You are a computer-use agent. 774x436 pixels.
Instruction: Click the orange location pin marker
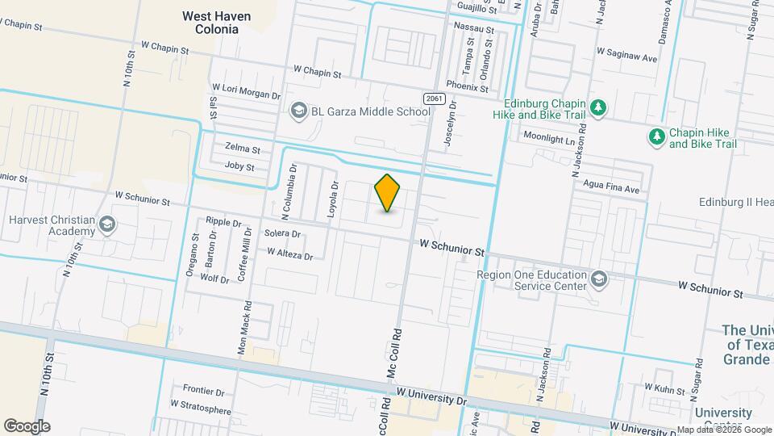point(388,192)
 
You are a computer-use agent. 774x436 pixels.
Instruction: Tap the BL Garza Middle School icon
point(299,111)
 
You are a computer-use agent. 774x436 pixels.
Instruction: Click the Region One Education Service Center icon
point(598,279)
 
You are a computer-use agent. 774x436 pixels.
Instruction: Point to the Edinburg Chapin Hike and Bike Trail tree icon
point(597,107)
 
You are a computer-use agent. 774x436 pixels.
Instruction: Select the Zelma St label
point(243,150)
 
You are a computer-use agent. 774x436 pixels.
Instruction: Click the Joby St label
point(239,167)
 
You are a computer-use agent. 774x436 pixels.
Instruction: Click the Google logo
point(27,426)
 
